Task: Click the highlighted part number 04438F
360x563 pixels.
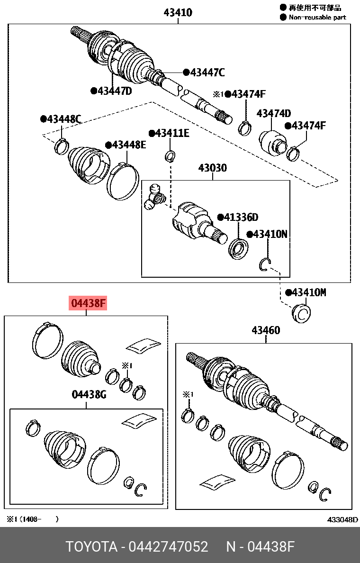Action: (x=89, y=303)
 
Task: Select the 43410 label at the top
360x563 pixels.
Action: (x=178, y=13)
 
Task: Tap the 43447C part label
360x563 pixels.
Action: (x=207, y=73)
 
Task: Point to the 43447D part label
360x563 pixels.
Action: (x=114, y=91)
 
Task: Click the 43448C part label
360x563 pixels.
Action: (x=64, y=119)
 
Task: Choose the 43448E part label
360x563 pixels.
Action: (x=128, y=145)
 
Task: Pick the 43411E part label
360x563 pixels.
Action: (x=172, y=134)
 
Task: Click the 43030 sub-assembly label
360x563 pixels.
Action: (x=212, y=168)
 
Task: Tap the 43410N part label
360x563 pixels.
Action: (x=270, y=234)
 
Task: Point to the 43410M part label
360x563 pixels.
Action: (x=309, y=292)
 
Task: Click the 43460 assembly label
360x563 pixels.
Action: (x=266, y=330)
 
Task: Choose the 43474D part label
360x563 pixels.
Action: (x=274, y=114)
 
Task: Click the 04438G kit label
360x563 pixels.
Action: (x=89, y=395)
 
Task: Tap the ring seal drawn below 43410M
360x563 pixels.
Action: (x=301, y=313)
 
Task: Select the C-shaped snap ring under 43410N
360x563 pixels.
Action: (x=265, y=265)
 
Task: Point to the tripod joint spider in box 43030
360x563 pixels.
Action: (x=153, y=198)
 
